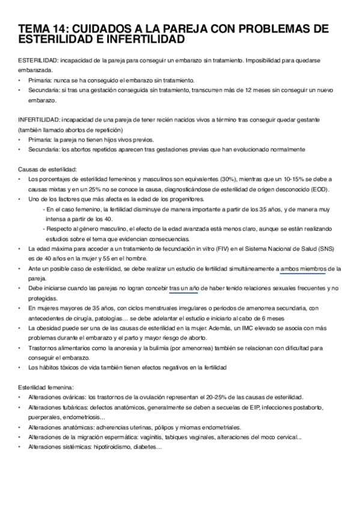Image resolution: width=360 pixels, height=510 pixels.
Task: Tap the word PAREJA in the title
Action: pyautogui.click(x=202, y=29)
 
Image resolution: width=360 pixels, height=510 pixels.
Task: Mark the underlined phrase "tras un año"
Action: pyautogui.click(x=185, y=289)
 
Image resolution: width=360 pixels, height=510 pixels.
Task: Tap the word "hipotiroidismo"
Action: pyautogui.click(x=112, y=447)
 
